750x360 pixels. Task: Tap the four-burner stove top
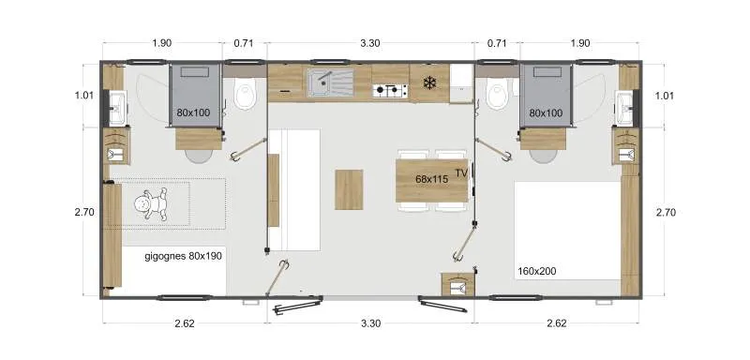390,91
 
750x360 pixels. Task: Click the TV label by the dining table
460,173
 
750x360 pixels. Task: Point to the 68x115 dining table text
432,179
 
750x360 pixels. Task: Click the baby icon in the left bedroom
150,203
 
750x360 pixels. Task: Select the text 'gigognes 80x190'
184,255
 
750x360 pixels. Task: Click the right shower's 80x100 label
546,113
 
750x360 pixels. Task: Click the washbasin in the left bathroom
116,107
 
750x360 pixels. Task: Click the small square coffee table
349,188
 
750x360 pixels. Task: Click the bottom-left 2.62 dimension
183,324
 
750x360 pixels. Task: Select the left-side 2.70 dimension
83,213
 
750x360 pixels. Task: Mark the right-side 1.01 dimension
664,95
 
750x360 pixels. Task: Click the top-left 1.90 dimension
161,43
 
